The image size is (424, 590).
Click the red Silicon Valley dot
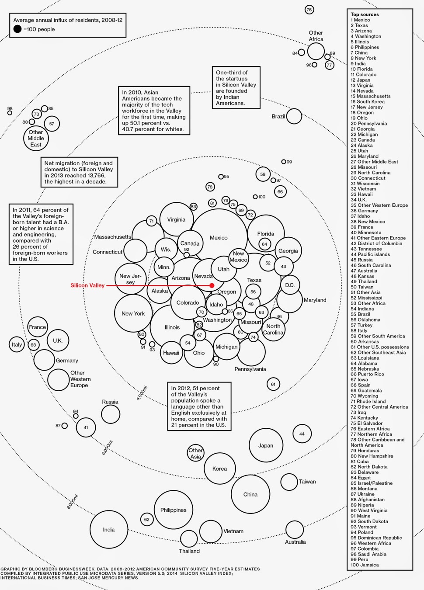pos(212,285)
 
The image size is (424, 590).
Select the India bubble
pos(109,530)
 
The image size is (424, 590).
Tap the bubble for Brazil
pos(294,116)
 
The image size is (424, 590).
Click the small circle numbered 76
pos(309,10)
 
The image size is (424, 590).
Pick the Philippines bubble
pos(174,510)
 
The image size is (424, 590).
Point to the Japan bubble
pos(266,445)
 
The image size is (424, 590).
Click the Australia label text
pos(295,542)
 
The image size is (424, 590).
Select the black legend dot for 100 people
pos(17,29)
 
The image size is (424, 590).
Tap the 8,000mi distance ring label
pos(72,501)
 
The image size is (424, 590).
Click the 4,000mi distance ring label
pos(142,393)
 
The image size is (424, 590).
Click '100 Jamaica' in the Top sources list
pos(365,565)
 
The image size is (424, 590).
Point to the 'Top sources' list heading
pos(365,14)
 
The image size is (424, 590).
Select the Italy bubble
pos(17,344)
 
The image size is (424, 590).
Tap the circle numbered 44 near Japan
pos(302,434)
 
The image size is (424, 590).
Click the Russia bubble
pos(111,414)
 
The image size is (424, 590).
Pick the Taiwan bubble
pos(289,482)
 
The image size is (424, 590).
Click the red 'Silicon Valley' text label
pos(87,285)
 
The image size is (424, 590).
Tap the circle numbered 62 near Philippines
pos(147,519)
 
